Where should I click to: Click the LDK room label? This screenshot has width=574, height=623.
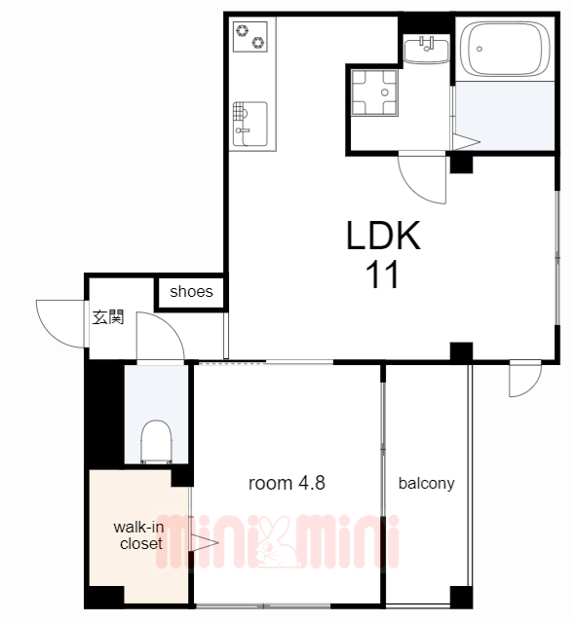coord(383,236)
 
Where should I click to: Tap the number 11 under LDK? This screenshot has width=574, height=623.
coord(382,275)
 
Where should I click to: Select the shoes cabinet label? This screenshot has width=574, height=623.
coord(191,292)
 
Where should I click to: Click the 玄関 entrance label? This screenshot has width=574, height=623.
coord(108,317)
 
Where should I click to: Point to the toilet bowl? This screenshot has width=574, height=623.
coord(156,442)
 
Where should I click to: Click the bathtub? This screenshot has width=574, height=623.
coord(505,49)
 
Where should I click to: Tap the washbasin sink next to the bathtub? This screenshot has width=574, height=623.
coord(426,49)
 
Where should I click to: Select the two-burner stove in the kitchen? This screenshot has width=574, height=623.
coord(250,36)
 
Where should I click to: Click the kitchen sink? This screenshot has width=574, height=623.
coord(250,124)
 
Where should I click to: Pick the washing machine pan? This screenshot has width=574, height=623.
coord(374,93)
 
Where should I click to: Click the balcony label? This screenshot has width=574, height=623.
coord(427,483)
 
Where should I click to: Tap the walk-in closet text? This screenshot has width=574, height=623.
coord(139,535)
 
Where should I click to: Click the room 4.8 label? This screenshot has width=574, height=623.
coord(287,483)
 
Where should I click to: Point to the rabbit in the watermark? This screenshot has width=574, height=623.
coord(276,542)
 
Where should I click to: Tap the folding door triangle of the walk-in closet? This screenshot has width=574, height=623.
coord(204,542)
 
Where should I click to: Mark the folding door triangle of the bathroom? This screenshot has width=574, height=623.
coord(466,142)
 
